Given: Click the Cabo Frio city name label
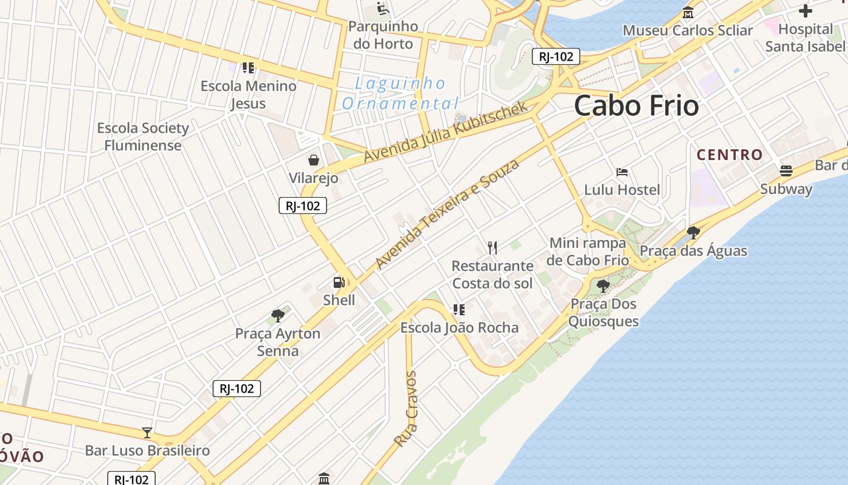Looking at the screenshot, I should [x=636, y=106].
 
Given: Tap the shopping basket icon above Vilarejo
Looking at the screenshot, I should [x=314, y=160].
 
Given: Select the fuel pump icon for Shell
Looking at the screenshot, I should [x=339, y=282].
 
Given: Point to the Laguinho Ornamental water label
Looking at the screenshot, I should [x=400, y=93].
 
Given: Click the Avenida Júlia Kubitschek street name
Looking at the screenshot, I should [x=446, y=133].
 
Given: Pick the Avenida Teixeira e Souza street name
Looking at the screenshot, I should [x=448, y=214].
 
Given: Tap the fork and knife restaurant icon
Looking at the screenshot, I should [x=492, y=247].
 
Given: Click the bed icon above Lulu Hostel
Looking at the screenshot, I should [x=622, y=172].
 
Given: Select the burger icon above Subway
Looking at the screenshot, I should [x=786, y=171].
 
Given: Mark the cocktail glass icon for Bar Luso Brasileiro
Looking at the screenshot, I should [x=147, y=432].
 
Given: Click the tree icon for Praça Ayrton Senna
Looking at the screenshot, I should [x=278, y=315].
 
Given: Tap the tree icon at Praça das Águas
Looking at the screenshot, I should [x=694, y=232].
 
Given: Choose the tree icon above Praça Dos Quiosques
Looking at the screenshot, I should [x=603, y=286].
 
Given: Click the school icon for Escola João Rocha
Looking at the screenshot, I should [x=459, y=310].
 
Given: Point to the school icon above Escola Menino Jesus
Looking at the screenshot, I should [x=248, y=68].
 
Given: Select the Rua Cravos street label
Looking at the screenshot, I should [x=406, y=409].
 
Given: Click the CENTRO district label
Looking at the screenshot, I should [x=729, y=155].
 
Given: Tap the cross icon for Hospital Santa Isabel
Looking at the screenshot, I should [x=805, y=11].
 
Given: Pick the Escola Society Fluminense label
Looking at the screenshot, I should [x=143, y=136].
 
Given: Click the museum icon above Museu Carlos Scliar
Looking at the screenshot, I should [x=687, y=13].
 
